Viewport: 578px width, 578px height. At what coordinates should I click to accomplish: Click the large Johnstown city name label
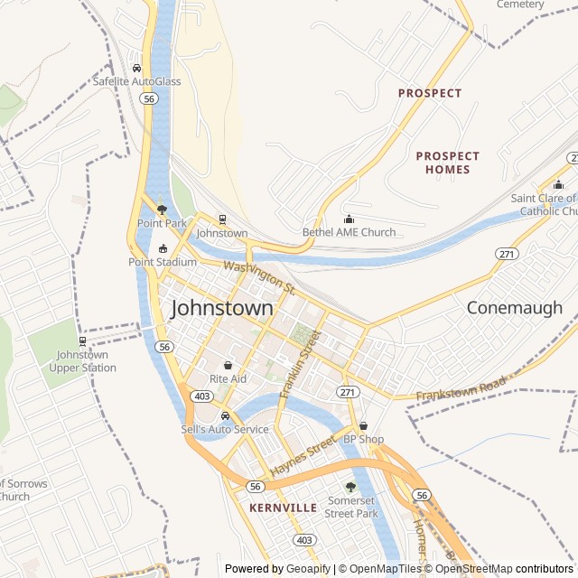pyautogui.click(x=221, y=308)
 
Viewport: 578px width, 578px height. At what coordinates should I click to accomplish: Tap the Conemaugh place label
pyautogui.click(x=514, y=308)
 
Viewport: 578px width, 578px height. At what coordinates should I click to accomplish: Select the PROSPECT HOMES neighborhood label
pyautogui.click(x=448, y=163)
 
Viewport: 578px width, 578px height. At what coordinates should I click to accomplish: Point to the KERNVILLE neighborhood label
pyautogui.click(x=283, y=508)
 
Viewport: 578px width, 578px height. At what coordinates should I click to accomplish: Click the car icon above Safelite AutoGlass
pyautogui.click(x=136, y=67)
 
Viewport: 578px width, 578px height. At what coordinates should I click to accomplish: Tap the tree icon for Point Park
pyautogui.click(x=162, y=209)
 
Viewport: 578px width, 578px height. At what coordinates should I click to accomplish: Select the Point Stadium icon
pyautogui.click(x=163, y=248)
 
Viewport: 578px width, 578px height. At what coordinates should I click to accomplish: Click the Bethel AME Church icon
pyautogui.click(x=350, y=219)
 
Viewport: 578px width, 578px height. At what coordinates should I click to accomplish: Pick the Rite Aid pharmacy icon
pyautogui.click(x=228, y=365)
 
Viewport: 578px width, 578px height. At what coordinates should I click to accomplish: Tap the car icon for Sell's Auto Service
pyautogui.click(x=225, y=415)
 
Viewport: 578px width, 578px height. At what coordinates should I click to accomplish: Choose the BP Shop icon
pyautogui.click(x=363, y=425)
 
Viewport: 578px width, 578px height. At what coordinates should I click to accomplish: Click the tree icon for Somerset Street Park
pyautogui.click(x=350, y=487)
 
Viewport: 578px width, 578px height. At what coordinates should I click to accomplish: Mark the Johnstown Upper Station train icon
pyautogui.click(x=82, y=341)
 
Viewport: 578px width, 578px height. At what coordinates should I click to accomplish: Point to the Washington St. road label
pyautogui.click(x=260, y=276)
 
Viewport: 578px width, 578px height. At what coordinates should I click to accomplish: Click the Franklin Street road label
pyautogui.click(x=301, y=364)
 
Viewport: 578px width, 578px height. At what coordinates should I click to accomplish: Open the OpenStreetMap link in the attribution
pyautogui.click(x=474, y=569)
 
